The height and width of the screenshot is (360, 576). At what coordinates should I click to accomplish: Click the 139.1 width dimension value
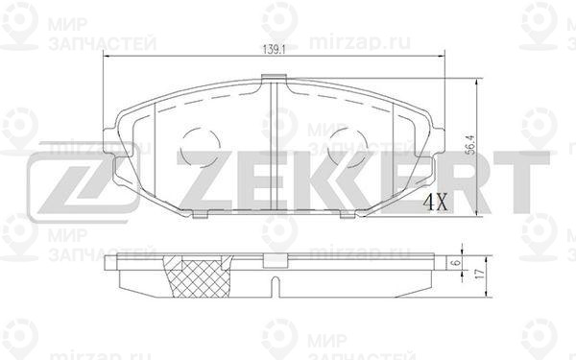[x=275, y=49]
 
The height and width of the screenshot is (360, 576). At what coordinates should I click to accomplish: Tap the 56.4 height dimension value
[x=470, y=145]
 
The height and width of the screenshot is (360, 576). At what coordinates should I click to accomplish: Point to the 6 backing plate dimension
[x=457, y=262]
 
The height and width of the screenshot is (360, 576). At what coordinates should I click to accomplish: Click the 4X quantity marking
[x=436, y=202]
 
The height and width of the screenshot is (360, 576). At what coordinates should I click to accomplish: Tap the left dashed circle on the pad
[x=201, y=147]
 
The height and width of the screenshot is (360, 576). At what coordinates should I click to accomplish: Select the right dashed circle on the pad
[x=347, y=147]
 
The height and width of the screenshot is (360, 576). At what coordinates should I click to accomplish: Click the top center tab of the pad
[x=274, y=78]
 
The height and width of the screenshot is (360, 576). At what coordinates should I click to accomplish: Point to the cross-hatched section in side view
[x=199, y=277]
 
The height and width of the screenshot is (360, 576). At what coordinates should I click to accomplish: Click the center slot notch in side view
[x=274, y=286]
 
